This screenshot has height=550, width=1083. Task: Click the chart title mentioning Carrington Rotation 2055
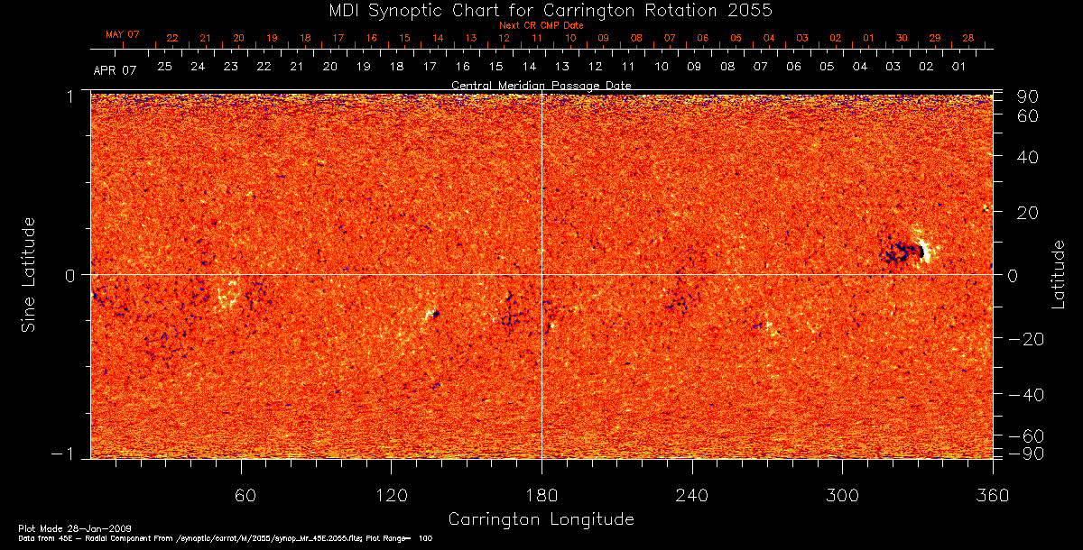(541, 10)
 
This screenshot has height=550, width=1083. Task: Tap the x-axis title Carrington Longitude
(541, 519)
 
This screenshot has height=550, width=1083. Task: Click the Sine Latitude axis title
(29, 274)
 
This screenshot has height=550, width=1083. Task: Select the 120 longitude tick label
(392, 496)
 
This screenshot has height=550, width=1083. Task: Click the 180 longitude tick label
(541, 496)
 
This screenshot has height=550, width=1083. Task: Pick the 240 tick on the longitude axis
(691, 496)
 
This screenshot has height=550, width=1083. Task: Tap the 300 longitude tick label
(841, 496)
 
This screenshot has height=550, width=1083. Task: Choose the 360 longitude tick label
(992, 496)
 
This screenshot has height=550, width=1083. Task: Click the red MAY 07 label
(123, 34)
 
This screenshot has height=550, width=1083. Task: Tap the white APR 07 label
(115, 69)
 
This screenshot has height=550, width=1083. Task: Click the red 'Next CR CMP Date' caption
(541, 25)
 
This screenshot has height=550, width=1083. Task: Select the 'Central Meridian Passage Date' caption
(541, 85)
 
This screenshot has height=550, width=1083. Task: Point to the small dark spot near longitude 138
(435, 314)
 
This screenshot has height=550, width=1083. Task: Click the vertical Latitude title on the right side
(1058, 274)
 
